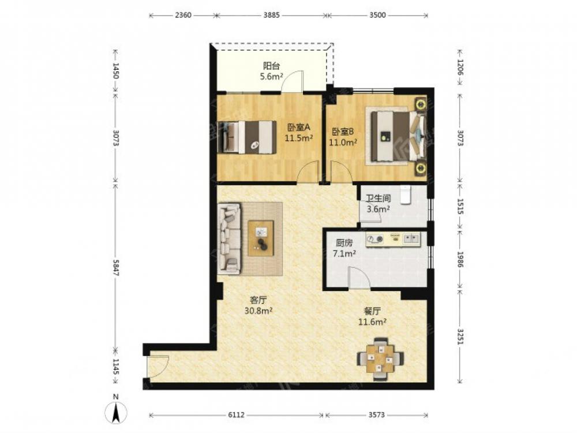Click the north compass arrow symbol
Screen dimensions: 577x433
116,412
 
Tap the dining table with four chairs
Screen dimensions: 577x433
380,359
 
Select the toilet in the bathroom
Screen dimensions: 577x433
405,195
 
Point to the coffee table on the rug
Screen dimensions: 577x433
261,238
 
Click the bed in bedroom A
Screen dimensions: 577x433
246,137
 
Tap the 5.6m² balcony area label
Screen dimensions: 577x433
271,77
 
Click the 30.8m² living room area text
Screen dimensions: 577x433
258,311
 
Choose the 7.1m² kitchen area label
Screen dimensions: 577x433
344,253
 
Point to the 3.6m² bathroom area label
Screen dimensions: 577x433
379,209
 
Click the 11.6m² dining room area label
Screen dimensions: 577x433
372,322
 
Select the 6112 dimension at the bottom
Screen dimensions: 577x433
236,415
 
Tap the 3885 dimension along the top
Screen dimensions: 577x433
272,15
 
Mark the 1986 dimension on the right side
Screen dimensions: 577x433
460,259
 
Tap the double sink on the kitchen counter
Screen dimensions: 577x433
411,240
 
